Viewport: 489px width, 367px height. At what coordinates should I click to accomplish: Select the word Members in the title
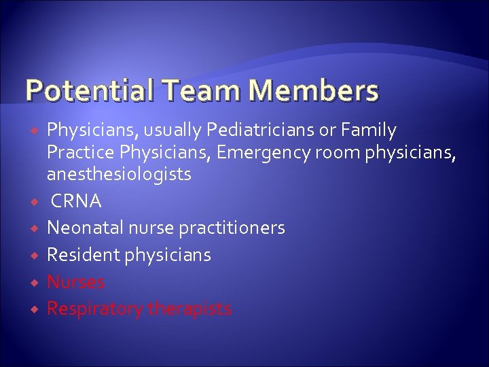(x=310, y=90)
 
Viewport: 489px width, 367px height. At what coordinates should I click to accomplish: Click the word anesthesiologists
(x=118, y=175)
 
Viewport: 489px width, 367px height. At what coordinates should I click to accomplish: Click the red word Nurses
(x=75, y=282)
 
